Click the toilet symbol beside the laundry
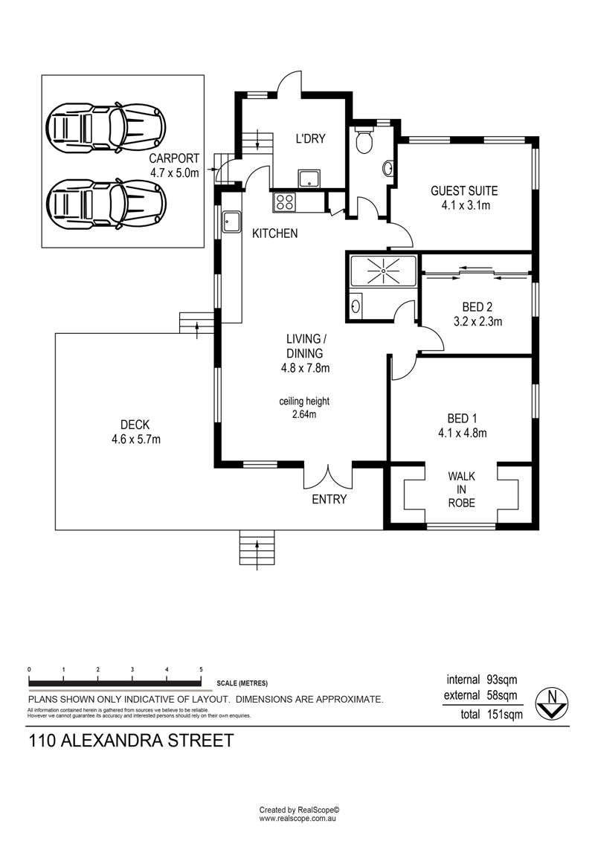click(364, 140)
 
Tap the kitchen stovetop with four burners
click(284, 202)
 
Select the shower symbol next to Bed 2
click(383, 271)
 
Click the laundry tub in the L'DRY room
click(309, 178)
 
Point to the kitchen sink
click(231, 222)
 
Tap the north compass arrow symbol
click(552, 703)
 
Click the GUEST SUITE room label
click(464, 191)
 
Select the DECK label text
click(135, 425)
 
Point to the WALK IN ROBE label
click(461, 489)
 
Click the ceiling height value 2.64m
click(304, 415)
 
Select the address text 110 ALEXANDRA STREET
click(131, 741)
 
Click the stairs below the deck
click(257, 547)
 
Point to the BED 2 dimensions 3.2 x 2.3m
click(477, 322)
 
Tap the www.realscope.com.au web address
click(297, 819)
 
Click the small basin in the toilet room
click(388, 168)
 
